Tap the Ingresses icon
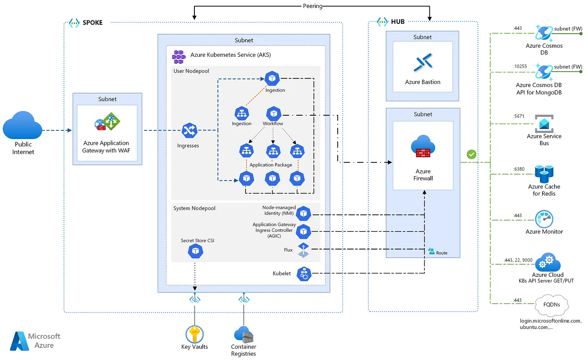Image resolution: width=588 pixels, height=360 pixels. pos(189,130)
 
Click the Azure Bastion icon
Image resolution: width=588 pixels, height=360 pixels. pos(422,63)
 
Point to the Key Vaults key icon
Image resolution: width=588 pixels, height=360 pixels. pos(194,334)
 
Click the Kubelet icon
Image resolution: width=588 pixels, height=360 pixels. pos(304,274)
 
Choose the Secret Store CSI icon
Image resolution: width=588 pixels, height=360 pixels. pos(196,251)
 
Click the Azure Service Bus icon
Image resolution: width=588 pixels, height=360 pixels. pos(544,123)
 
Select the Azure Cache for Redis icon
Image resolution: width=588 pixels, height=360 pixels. pos(544,174)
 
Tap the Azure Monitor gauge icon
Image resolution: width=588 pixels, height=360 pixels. pos(544,219)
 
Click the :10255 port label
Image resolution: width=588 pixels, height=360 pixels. pos(520,66)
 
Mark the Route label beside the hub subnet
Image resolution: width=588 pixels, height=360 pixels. pos(441,253)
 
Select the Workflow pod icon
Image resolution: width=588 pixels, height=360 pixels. pos(273,114)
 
